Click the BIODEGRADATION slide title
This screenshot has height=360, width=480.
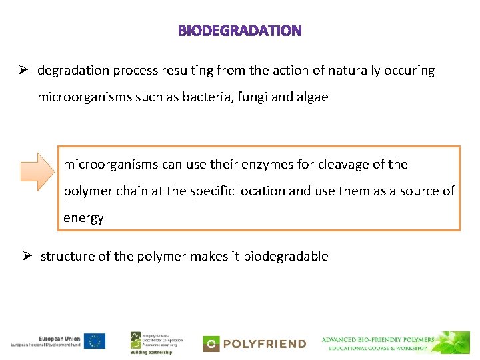240,31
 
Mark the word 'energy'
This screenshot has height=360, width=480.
83,218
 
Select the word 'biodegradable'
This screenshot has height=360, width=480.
286,257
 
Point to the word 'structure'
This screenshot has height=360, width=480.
67,257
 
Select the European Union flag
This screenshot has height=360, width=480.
95,340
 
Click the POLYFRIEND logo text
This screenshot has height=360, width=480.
264,344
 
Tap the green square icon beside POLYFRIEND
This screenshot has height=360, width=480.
211,344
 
